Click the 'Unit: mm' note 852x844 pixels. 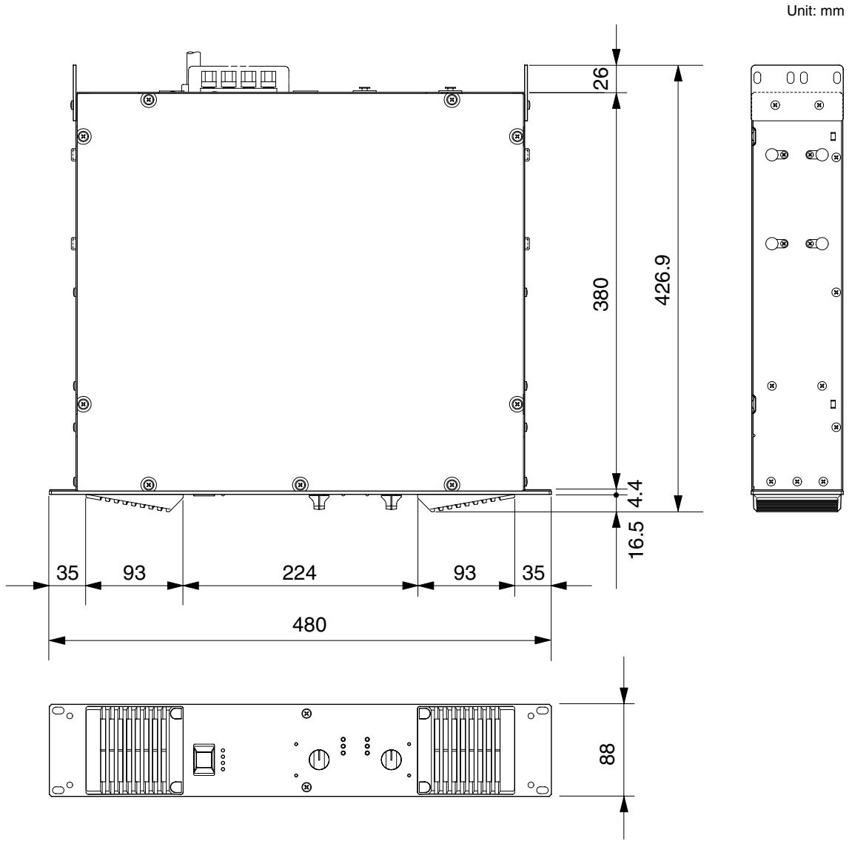click(x=815, y=10)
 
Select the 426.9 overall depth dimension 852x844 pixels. click(x=663, y=280)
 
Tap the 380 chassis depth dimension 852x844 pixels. click(x=601, y=294)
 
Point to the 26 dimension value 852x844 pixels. click(x=600, y=78)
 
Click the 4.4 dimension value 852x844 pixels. click(x=635, y=493)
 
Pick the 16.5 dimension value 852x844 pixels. click(x=635, y=540)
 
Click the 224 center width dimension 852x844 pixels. click(x=299, y=572)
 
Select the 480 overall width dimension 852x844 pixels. click(x=309, y=624)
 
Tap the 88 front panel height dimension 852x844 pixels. click(x=607, y=754)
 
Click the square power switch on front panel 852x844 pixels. click(x=204, y=758)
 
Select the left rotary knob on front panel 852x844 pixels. click(x=319, y=759)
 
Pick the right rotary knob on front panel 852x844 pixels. click(x=391, y=759)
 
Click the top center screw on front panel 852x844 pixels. click(x=306, y=712)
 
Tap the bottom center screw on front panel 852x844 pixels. click(x=306, y=786)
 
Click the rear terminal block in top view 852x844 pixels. click(x=238, y=78)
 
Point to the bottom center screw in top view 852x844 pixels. click(x=300, y=483)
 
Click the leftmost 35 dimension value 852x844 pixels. click(x=67, y=572)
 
